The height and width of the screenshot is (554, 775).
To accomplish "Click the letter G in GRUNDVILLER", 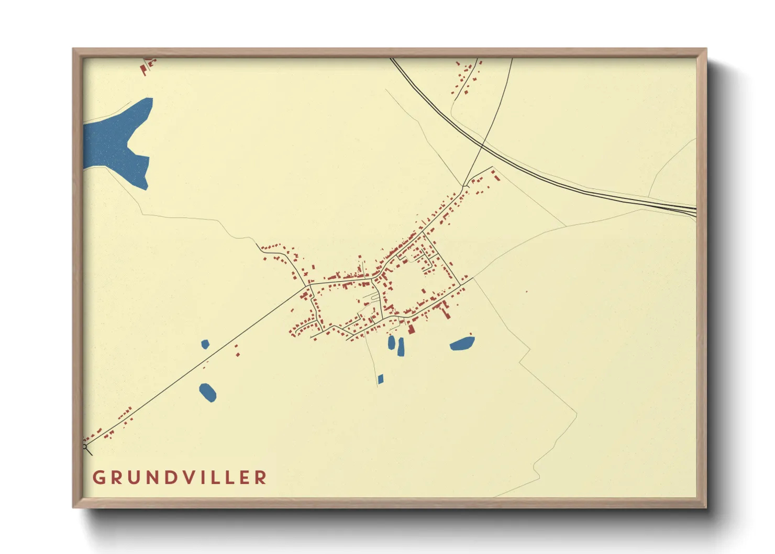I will pyautogui.click(x=98, y=478).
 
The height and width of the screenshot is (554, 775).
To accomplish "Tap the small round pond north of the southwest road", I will pyautogui.click(x=205, y=344).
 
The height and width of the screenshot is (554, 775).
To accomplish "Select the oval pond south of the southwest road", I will pyautogui.click(x=208, y=392).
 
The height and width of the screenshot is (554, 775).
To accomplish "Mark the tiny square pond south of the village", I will pyautogui.click(x=381, y=379).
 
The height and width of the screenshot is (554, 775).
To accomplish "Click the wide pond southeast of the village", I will pyautogui.click(x=462, y=344).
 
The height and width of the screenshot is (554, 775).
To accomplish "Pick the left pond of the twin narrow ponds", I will pyautogui.click(x=391, y=343).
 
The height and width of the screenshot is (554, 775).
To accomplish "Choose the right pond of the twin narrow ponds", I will pyautogui.click(x=401, y=347).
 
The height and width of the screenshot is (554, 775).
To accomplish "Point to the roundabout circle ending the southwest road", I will pyautogui.click(x=85, y=447).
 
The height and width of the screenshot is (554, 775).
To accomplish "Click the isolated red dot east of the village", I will pyautogui.click(x=526, y=292).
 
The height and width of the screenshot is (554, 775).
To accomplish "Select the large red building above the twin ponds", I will pyautogui.click(x=412, y=329).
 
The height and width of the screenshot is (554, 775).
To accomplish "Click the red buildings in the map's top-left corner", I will pyautogui.click(x=147, y=66).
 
